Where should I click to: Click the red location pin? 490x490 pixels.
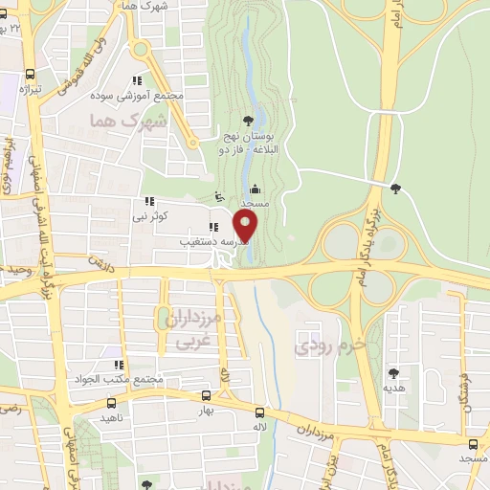click(246, 227)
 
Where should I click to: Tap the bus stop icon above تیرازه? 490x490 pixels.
click(31, 74)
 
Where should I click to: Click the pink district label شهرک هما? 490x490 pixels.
click(127, 122)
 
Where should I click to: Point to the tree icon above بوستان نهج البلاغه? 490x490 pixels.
click(249, 121)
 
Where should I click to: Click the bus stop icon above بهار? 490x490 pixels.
click(206, 394)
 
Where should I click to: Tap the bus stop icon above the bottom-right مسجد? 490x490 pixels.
click(473, 443)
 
